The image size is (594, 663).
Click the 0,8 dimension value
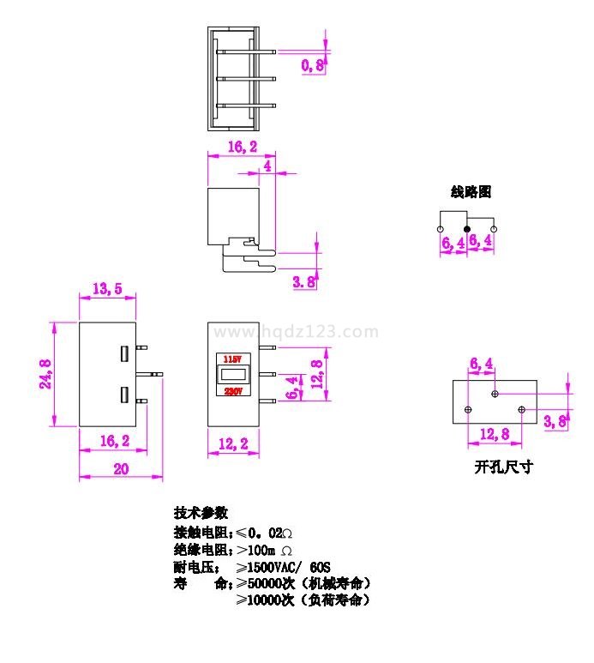coord(313,64)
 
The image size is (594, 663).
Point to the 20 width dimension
coord(121,468)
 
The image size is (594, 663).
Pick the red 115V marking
coord(232,359)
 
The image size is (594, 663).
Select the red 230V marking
coord(232,390)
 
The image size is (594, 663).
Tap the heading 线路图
coord(471,192)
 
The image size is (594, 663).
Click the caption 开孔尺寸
coord(503,467)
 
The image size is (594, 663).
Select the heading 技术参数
coord(201,513)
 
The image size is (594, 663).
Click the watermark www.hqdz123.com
coord(295,332)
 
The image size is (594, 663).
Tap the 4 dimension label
coord(269,166)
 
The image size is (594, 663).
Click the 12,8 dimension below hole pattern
coord(495,435)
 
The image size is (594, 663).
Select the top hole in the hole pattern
coord(495,394)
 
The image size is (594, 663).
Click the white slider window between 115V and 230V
coord(232,375)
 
